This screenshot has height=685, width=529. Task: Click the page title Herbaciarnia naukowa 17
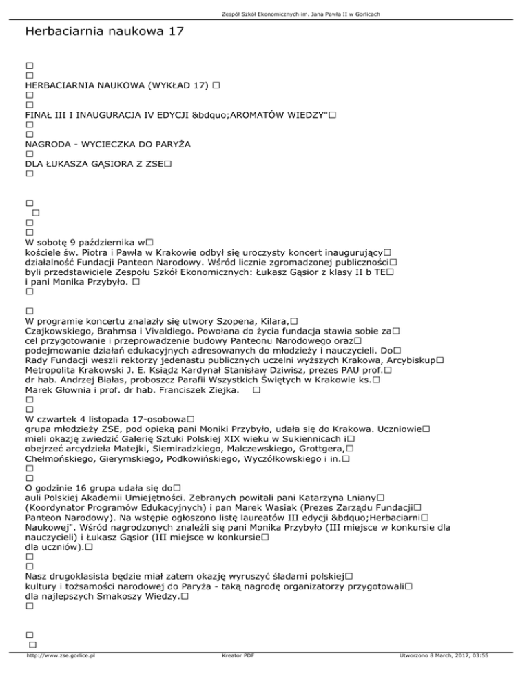tap(103, 32)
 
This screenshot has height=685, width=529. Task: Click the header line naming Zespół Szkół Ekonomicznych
tap(264, 14)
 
